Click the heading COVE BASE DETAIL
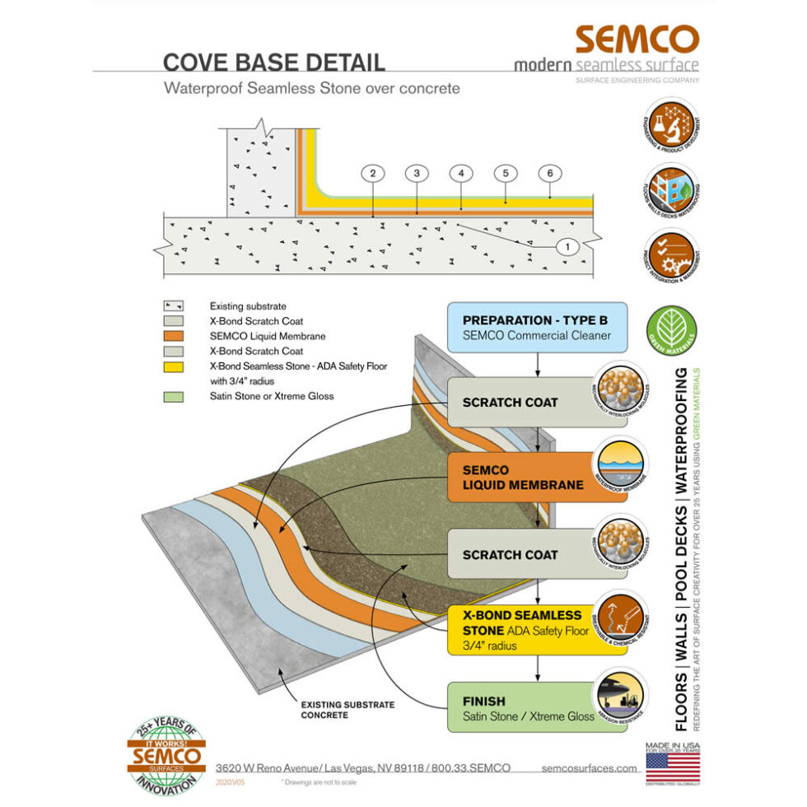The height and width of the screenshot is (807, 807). coord(273,62)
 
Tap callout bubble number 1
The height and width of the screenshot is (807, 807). coord(568,245)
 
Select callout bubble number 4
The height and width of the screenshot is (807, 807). coord(461,174)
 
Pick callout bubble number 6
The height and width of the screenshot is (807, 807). coord(550,174)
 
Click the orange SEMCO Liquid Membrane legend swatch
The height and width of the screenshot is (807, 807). coord(175,336)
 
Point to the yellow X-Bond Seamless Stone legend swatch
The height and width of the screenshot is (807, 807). coord(175,366)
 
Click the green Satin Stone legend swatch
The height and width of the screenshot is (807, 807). coord(175,397)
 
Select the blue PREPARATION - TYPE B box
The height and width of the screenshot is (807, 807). coord(537,327)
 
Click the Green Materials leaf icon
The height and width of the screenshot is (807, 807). coord(674,332)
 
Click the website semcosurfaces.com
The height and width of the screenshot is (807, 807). coord(590,767)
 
